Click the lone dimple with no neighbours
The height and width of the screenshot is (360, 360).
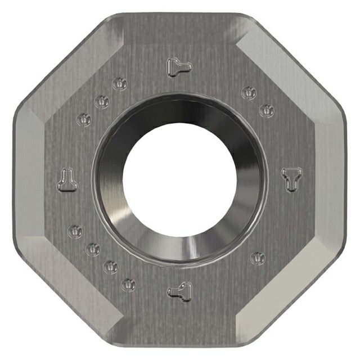[x=258, y=258]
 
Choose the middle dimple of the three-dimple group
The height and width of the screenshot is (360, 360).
[x=102, y=102]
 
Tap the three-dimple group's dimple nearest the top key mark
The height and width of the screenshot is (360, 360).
[x=119, y=84]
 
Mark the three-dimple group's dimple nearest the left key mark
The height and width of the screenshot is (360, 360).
[x=83, y=119]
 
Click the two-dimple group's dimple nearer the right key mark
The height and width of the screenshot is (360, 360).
[x=266, y=110]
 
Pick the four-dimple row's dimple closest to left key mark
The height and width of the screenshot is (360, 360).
[x=75, y=231]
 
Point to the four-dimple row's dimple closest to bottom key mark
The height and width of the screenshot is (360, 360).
[x=129, y=285]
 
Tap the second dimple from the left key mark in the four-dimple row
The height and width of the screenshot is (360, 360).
[x=93, y=248]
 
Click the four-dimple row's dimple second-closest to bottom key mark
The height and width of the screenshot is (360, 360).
[x=111, y=266]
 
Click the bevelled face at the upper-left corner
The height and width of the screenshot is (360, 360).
[x=67, y=70]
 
